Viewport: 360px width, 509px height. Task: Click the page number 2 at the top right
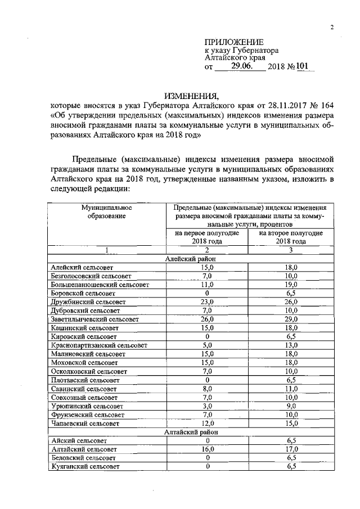click(332, 28)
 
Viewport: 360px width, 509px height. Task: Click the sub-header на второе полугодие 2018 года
click(291, 237)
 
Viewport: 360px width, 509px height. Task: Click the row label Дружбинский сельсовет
click(85, 302)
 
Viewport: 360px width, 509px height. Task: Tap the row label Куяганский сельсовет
click(84, 467)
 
